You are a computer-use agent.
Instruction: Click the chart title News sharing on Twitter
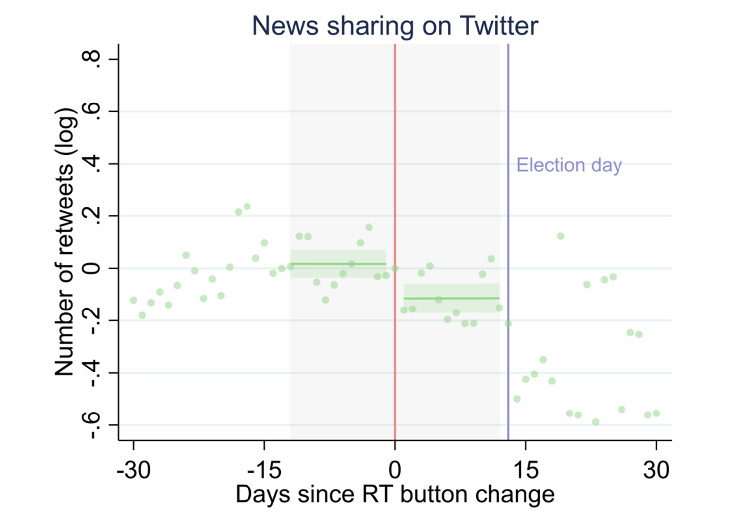click(395, 26)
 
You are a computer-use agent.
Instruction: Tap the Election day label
click(569, 165)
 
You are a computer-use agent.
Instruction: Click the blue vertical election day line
click(508, 242)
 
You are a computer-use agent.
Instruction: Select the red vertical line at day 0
click(395, 242)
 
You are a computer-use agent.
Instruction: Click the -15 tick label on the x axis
click(264, 470)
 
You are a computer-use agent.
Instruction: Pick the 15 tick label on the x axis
click(526, 470)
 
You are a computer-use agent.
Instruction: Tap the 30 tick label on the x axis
click(656, 470)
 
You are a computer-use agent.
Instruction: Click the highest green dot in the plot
click(247, 207)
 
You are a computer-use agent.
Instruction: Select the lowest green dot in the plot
click(596, 422)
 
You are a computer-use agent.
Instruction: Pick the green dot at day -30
click(133, 300)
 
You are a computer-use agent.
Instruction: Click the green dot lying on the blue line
click(508, 324)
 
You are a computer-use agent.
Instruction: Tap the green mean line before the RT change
click(338, 264)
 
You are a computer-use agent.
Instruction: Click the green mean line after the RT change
click(452, 298)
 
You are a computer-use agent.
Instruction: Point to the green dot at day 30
click(656, 414)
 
